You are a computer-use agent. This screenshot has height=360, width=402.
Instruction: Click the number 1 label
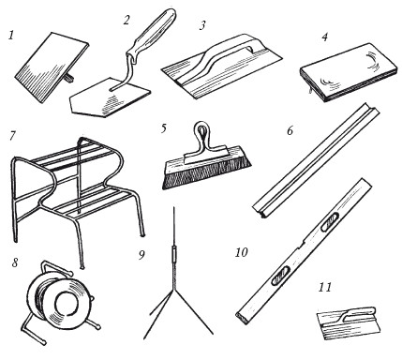click(11, 35)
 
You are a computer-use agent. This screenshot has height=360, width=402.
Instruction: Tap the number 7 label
click(12, 136)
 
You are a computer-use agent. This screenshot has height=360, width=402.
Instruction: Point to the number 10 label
click(241, 252)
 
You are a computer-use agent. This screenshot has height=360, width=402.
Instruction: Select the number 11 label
click(325, 287)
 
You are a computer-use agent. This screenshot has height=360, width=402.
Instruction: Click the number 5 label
click(164, 128)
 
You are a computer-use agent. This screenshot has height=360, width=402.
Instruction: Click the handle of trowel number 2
click(151, 35)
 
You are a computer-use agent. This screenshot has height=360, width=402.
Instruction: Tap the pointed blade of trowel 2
click(110, 97)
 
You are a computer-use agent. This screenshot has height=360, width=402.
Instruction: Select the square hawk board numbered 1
click(52, 67)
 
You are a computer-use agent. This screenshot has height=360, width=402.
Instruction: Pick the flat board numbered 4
click(349, 72)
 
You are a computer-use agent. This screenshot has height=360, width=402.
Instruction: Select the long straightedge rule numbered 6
click(316, 160)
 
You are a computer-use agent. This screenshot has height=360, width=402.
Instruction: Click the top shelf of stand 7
click(78, 155)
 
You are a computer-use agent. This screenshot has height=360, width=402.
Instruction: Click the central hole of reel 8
click(67, 304)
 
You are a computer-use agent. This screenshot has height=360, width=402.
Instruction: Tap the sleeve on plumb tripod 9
click(174, 254)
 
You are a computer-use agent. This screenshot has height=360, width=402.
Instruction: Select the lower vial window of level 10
click(281, 276)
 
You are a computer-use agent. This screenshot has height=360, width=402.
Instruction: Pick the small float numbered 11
click(349, 323)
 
